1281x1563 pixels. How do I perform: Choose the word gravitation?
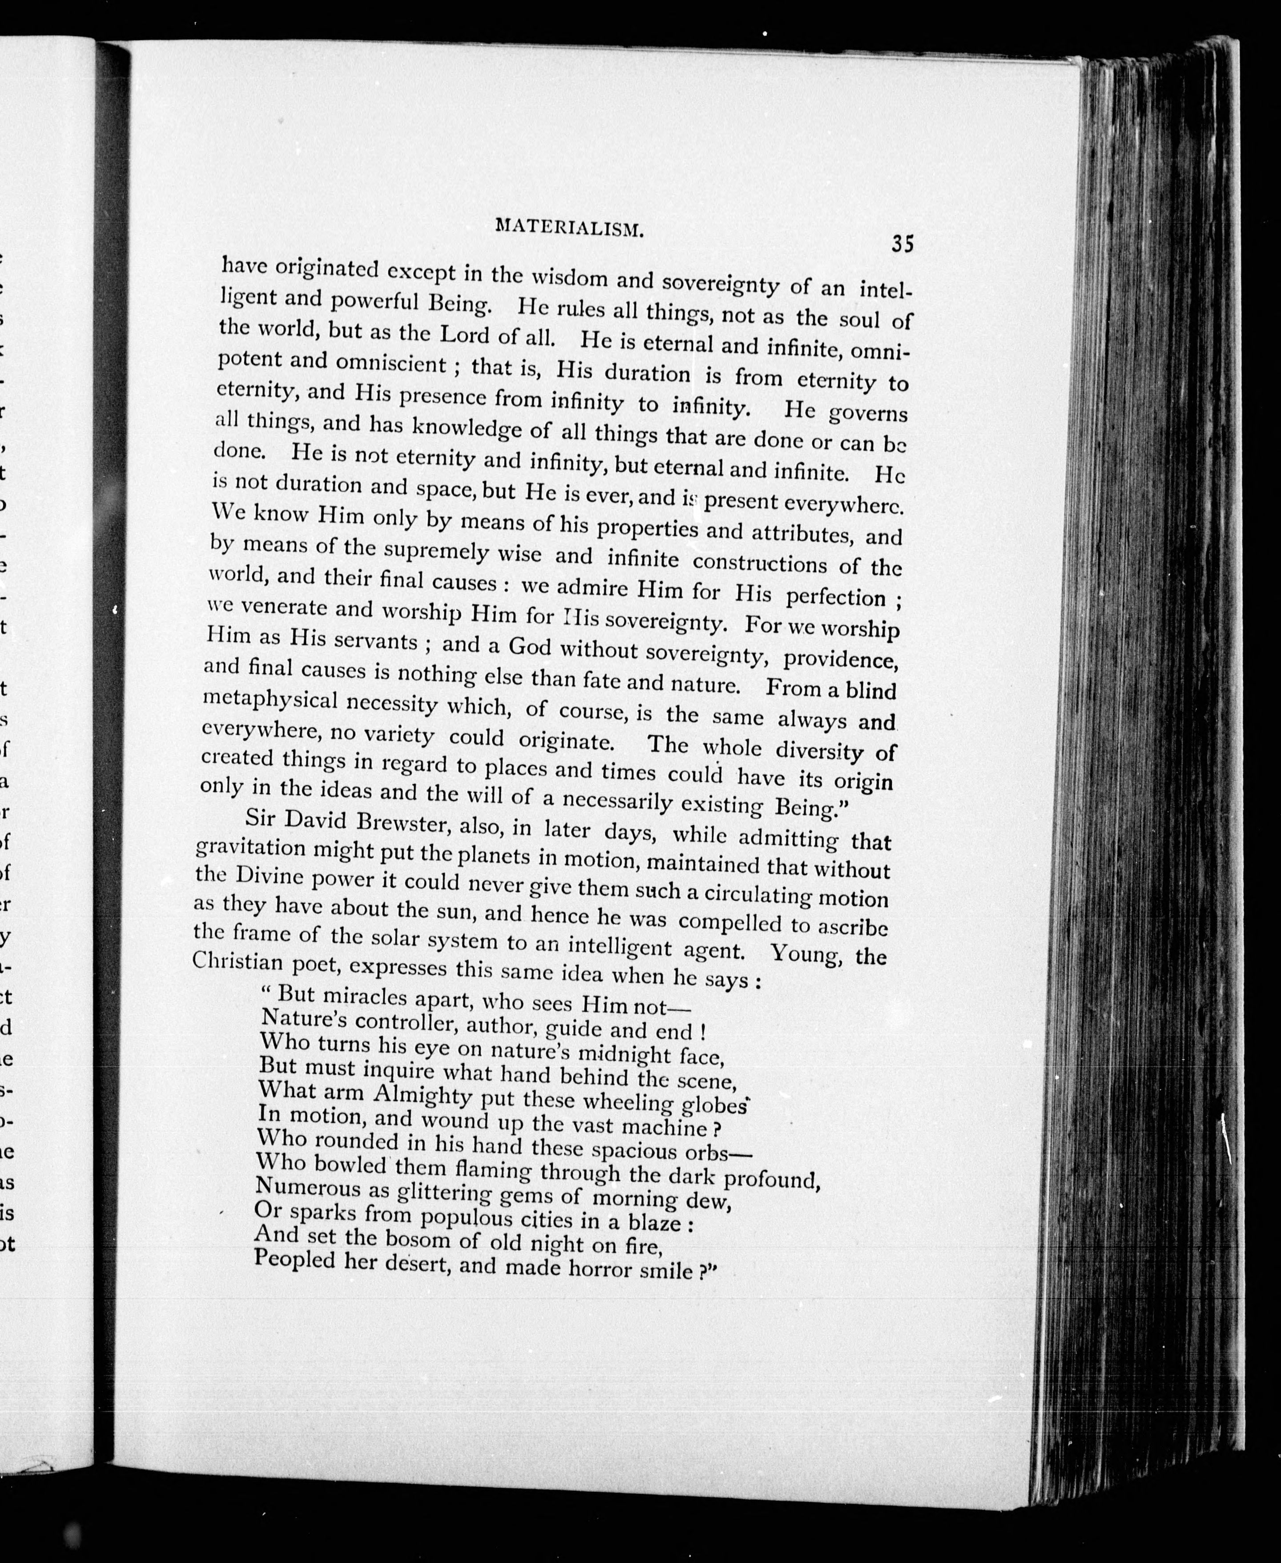[x=250, y=847]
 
